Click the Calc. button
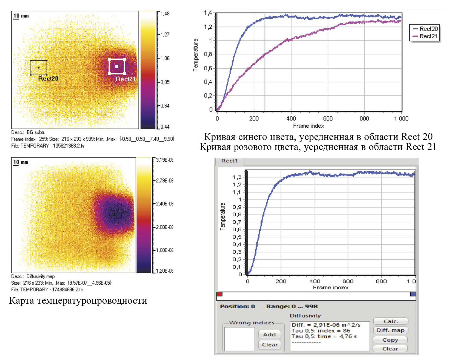[390, 321]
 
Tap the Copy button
[390, 340]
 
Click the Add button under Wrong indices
[269, 334]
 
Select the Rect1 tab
[229, 161]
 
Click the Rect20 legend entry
[428, 29]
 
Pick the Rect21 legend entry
[428, 36]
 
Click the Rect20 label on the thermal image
[48, 79]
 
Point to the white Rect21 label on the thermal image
[125, 79]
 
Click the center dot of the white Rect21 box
[117, 66]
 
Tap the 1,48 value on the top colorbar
[165, 13]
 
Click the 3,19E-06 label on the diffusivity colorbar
[165, 160]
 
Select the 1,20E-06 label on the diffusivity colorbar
[165, 271]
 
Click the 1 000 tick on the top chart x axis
[401, 119]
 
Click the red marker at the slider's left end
[219, 294]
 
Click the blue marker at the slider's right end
[413, 294]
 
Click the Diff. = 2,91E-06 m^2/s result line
[326, 325]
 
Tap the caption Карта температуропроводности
[78, 301]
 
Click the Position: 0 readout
[237, 307]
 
